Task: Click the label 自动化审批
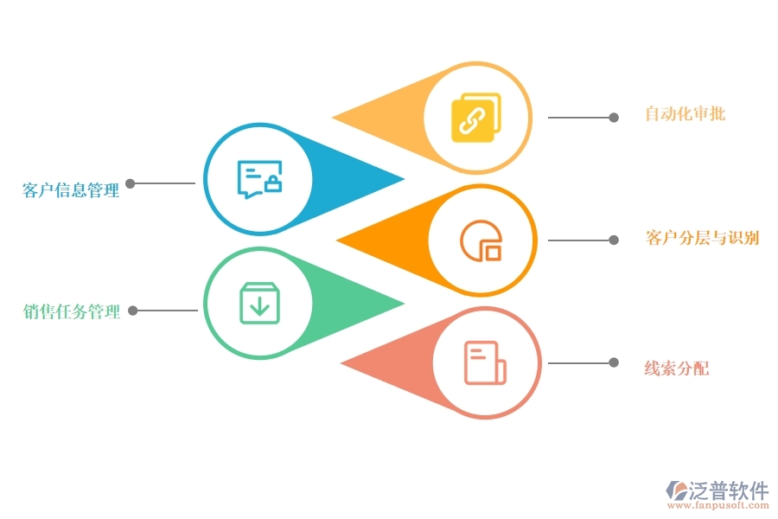(686, 113)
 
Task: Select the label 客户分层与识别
(702, 238)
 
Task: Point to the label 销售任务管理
(72, 312)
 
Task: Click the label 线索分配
(676, 368)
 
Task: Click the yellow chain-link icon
(475, 118)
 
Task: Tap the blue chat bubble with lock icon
(259, 180)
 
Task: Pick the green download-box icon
(259, 303)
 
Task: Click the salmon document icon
(485, 362)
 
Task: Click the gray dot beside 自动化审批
(614, 118)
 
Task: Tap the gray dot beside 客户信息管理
(131, 183)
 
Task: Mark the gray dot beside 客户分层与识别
(614, 240)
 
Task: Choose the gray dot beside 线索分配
(614, 362)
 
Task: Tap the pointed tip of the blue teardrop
(404, 180)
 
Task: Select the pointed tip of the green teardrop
(404, 303)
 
